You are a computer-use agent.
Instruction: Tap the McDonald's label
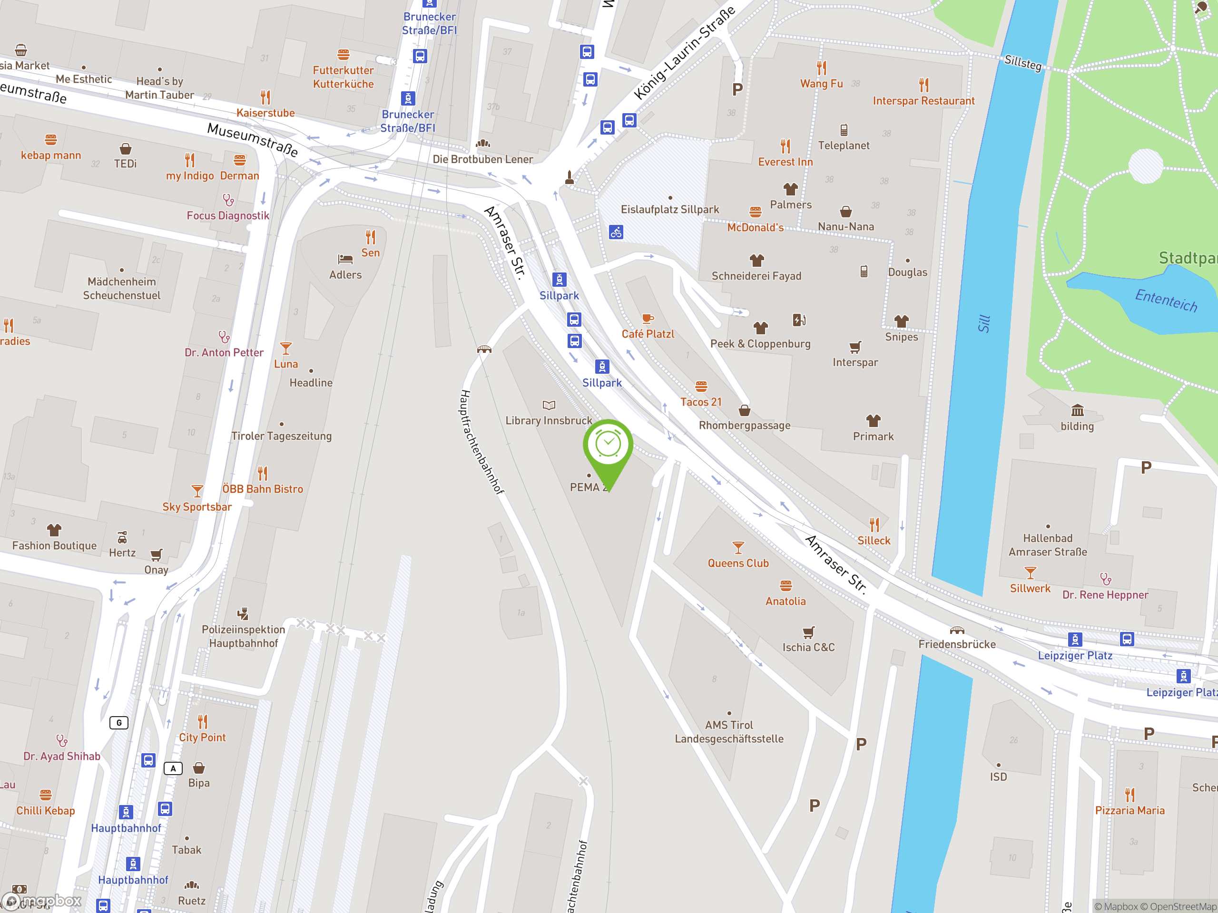tap(755, 227)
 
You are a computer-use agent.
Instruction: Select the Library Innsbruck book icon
tap(549, 406)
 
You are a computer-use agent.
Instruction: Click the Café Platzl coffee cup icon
tap(648, 319)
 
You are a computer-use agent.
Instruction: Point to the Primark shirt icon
tap(874, 421)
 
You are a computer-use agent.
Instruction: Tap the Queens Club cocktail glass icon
tap(738, 548)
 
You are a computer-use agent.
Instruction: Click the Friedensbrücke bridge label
tap(956, 644)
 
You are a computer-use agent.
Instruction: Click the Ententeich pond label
tap(1166, 300)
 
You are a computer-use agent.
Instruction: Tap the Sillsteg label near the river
tap(1022, 63)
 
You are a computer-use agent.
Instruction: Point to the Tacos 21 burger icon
tap(701, 386)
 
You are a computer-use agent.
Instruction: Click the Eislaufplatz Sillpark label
tap(669, 210)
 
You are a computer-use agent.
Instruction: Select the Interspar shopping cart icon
tap(855, 347)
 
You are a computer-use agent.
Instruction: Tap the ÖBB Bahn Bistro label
tap(262, 489)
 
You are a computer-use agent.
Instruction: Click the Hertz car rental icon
tap(122, 537)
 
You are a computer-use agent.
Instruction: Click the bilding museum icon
tap(1077, 410)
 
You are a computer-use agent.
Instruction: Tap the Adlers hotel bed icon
tap(345, 259)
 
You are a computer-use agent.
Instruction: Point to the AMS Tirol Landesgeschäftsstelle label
tap(729, 732)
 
